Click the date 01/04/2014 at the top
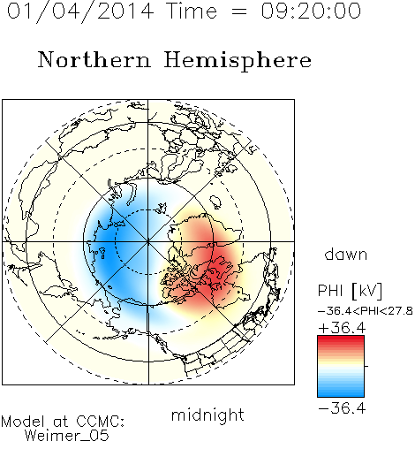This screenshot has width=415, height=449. (x=80, y=11)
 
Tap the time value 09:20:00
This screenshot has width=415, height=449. (x=311, y=11)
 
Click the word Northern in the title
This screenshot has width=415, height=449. (x=94, y=60)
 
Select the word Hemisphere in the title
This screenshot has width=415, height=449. (x=238, y=61)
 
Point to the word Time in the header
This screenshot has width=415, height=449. (x=192, y=11)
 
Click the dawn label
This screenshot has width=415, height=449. (x=346, y=254)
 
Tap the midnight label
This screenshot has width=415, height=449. (x=207, y=415)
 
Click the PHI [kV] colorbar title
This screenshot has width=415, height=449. (x=350, y=291)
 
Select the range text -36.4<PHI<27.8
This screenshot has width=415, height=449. (x=366, y=311)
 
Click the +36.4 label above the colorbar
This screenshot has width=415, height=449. (x=342, y=328)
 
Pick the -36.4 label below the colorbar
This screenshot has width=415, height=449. (x=342, y=408)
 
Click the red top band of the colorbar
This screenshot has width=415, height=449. (x=341, y=339)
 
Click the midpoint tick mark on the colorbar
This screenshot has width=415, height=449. (x=366, y=366)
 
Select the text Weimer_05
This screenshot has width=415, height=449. (x=67, y=436)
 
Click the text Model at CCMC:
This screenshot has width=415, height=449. (x=63, y=422)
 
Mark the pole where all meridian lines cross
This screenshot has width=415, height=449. (x=148, y=241)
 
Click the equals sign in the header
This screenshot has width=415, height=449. (x=239, y=11)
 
